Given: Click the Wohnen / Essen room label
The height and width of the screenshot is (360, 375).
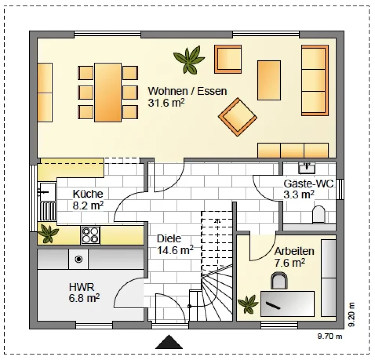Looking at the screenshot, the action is click(187, 91).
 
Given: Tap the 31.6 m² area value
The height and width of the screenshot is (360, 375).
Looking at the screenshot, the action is click(166, 103).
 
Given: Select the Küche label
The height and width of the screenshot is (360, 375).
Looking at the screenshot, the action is click(88, 193).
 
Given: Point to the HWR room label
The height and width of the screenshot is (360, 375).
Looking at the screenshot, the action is click(82, 287).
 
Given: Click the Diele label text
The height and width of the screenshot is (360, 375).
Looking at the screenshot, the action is click(169, 238).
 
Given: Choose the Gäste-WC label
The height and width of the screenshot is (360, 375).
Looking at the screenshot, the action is click(309, 183).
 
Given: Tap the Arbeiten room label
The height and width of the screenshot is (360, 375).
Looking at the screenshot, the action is click(294, 251).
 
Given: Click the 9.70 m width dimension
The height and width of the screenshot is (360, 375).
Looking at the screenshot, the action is click(330, 336).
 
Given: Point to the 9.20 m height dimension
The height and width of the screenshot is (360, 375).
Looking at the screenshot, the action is click(351, 315).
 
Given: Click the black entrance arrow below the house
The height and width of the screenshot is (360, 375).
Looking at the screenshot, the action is click(169, 342).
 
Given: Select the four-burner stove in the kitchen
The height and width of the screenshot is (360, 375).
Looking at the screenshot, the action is click(90, 235).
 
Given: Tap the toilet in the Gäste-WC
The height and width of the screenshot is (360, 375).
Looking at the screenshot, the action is click(319, 214).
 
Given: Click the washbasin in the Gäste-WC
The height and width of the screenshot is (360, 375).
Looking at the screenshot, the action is click(307, 168).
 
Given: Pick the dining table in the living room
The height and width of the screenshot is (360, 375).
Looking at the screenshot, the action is click(108, 92).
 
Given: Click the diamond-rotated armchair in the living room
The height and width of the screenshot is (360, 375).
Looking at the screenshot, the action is click(237, 117).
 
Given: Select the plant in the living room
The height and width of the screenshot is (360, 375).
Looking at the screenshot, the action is click(189, 60).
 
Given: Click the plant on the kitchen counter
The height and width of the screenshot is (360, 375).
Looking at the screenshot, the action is click(48, 234).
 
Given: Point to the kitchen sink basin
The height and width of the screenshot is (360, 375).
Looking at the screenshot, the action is click(47, 192).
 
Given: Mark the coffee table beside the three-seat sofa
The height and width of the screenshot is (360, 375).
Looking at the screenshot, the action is click(269, 80).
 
